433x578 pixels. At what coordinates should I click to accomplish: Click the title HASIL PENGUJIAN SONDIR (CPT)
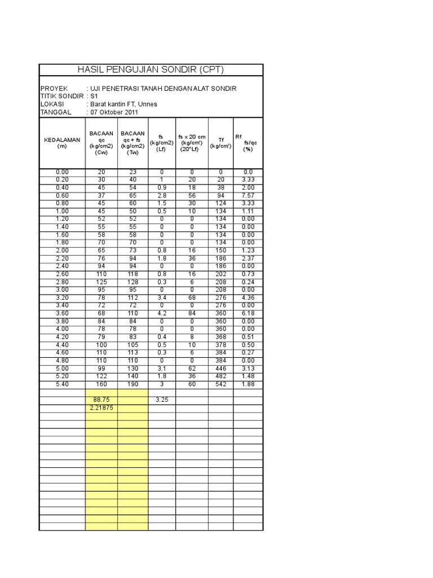coord(151,69)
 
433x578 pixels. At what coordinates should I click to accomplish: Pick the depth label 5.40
coord(61,385)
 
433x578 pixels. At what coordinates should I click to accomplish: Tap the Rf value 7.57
coord(248,195)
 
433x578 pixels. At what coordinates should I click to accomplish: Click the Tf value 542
coord(221,385)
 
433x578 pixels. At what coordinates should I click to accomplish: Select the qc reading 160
coord(101,385)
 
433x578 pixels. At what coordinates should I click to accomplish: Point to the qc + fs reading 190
coord(132,385)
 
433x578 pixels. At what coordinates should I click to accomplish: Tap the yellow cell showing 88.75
coord(101,400)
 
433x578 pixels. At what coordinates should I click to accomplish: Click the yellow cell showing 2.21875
coord(101,408)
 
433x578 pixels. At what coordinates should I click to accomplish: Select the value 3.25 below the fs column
coord(161,400)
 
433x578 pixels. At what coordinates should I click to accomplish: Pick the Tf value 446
coord(221,369)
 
